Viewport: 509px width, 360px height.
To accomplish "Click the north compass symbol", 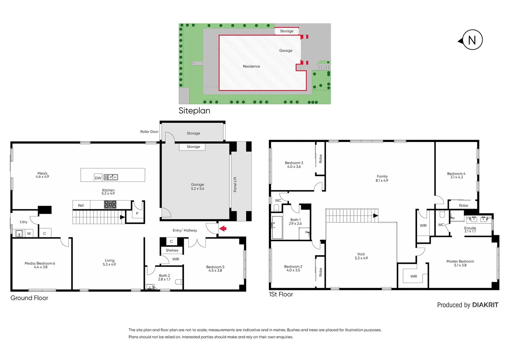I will [x=471, y=40].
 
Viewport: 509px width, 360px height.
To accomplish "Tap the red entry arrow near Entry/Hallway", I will [x=223, y=229].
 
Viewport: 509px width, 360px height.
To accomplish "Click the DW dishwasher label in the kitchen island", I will [x=98, y=178].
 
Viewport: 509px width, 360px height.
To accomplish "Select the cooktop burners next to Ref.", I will [x=110, y=205].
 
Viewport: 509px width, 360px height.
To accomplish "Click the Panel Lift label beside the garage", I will [x=235, y=184].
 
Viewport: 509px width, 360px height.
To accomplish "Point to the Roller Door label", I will [x=149, y=132].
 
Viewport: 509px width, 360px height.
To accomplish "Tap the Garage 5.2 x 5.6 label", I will [x=198, y=187].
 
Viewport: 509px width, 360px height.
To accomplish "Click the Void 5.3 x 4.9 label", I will [x=361, y=256].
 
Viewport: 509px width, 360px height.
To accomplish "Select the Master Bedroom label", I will [x=460, y=263].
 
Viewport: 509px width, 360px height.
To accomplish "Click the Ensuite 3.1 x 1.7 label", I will [x=470, y=230].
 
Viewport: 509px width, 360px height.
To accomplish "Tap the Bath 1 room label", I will [x=295, y=222].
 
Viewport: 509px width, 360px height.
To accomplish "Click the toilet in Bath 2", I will [x=179, y=282].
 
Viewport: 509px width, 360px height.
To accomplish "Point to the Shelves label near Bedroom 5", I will [x=172, y=250].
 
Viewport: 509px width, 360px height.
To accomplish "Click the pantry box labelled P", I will [x=137, y=214].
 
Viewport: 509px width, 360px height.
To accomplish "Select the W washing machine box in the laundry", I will [x=29, y=234].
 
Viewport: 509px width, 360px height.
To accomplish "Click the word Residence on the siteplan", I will [x=251, y=66].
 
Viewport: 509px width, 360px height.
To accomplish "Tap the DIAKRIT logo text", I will [x=485, y=305].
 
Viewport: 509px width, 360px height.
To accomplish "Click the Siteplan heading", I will [x=194, y=111].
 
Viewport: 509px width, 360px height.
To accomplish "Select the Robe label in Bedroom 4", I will [x=463, y=205].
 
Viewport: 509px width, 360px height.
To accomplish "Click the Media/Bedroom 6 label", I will [x=40, y=265].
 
